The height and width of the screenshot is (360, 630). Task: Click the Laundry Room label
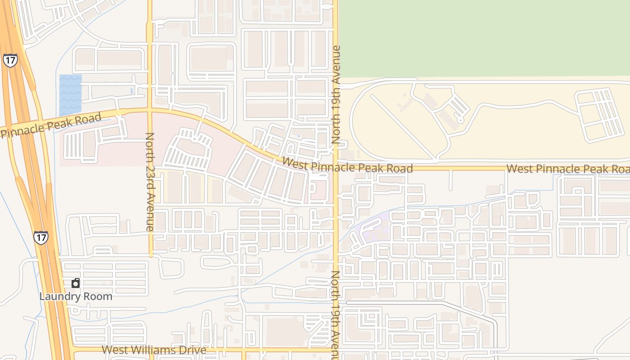tap(76, 297)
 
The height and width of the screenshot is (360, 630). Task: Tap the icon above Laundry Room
tap(76, 283)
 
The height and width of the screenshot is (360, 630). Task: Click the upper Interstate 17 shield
tap(9, 60)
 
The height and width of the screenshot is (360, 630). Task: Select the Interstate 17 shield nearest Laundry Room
tap(40, 237)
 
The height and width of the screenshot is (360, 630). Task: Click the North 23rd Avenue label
tap(150, 182)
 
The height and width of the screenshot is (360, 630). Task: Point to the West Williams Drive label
tap(154, 350)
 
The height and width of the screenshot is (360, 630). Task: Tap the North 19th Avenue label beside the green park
tap(336, 94)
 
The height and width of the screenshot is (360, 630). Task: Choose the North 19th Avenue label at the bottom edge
tap(336, 315)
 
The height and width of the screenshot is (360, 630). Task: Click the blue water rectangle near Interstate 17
tap(71, 95)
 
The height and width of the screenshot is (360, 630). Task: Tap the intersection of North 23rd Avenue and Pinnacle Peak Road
tap(150, 109)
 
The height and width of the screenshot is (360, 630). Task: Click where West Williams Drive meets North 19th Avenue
tap(335, 349)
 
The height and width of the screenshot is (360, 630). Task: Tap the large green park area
tap(484, 38)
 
